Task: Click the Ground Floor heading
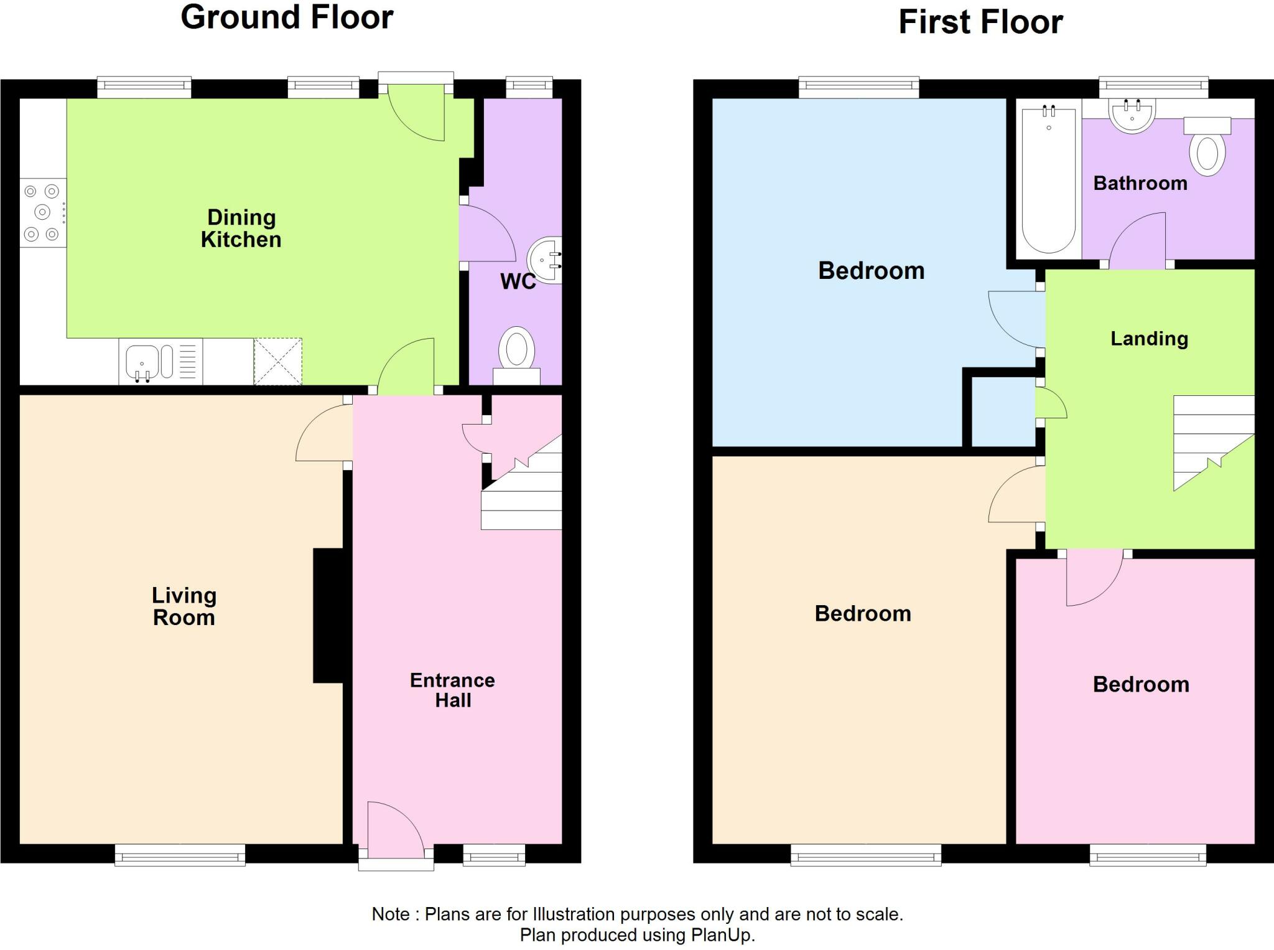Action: coord(287,17)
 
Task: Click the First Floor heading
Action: coord(980,22)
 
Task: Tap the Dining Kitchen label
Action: coord(241,228)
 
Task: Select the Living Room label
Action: coord(184,606)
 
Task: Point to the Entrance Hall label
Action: coord(452,690)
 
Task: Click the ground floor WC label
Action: coord(518,281)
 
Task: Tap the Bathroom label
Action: coord(1140,183)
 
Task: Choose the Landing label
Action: coord(1150,339)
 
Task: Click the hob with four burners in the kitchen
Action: coord(43,212)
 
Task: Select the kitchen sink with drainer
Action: coord(160,361)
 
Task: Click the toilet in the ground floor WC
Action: coord(517,355)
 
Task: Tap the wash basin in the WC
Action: coord(545,260)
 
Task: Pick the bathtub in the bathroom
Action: coord(1049,179)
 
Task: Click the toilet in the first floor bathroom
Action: coord(1207,147)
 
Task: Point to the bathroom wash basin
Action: coord(1132,116)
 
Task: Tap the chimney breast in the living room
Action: coord(328,616)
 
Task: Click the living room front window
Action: coord(180,855)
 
